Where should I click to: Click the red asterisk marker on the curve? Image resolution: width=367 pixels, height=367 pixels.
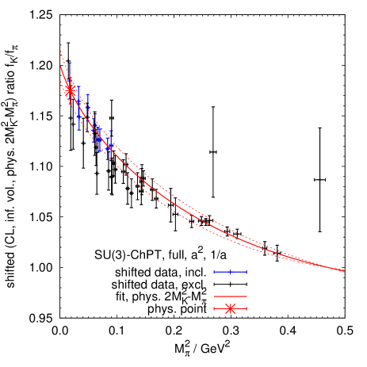[x=70, y=90]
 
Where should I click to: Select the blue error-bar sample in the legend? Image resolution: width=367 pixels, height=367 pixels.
[x=230, y=272]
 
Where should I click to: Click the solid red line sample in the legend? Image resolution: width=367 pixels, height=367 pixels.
[x=230, y=296]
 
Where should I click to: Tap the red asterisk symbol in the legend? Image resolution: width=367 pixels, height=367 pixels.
[x=230, y=308]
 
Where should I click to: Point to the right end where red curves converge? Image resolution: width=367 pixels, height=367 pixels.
[x=342, y=270]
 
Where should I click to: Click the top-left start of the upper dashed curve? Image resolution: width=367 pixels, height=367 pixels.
[x=61, y=52]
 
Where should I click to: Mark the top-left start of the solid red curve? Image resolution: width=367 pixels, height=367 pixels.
[x=61, y=67]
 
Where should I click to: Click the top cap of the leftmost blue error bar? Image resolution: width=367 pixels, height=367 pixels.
[x=70, y=63]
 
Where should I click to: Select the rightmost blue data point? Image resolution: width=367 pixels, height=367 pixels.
[x=110, y=144]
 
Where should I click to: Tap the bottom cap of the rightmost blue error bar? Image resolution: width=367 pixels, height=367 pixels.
[x=110, y=159]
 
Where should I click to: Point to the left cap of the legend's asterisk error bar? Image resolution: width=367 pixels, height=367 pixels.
[x=214, y=308]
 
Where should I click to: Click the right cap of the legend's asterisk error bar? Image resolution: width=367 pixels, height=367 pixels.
[x=247, y=308]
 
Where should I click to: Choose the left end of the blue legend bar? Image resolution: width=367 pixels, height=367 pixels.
[x=214, y=272]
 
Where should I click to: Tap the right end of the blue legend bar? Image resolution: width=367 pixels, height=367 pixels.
[x=247, y=272]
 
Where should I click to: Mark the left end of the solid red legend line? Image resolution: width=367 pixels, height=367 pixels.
[x=214, y=296]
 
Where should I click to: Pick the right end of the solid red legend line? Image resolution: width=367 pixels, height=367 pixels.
[x=247, y=296]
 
